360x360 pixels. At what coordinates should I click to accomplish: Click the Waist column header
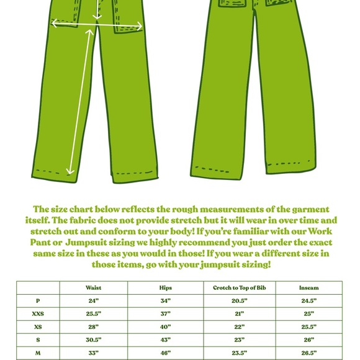[94, 287]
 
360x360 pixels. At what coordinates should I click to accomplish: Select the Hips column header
[165, 287]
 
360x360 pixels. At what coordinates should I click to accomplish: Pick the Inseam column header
[309, 287]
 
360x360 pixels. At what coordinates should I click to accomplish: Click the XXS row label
[38, 314]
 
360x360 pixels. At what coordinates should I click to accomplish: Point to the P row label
[38, 301]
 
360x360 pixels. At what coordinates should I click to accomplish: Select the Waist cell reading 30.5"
[94, 340]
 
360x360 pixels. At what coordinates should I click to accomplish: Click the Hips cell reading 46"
[165, 353]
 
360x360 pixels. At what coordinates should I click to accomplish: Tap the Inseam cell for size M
[309, 353]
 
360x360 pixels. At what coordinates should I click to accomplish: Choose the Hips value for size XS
[165, 327]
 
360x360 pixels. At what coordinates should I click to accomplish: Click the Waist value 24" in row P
[94, 301]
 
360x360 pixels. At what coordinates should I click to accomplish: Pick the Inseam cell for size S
[309, 340]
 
